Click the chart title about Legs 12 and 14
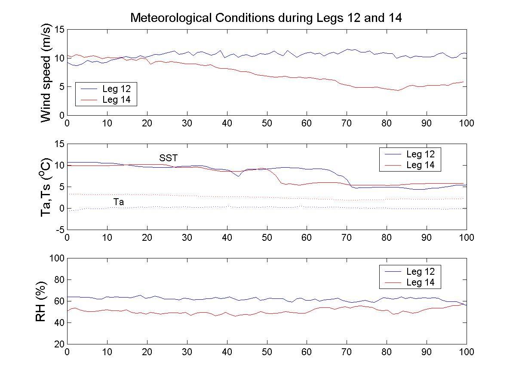(x=266, y=18)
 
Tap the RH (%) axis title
(x=41, y=301)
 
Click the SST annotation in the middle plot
(x=168, y=158)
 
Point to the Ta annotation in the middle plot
(x=119, y=202)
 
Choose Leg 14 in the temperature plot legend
(x=420, y=165)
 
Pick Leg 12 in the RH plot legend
(x=420, y=271)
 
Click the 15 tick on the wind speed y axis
(x=59, y=29)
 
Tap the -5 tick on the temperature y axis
(x=59, y=230)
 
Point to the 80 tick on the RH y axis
(x=59, y=279)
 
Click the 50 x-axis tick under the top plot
(x=267, y=123)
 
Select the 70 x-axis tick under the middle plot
(x=347, y=238)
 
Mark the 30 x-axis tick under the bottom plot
(x=187, y=352)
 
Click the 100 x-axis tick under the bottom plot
(x=467, y=352)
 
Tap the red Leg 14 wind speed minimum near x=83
(x=398, y=90)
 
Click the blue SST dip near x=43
(x=239, y=176)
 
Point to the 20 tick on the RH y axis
(x=59, y=344)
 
